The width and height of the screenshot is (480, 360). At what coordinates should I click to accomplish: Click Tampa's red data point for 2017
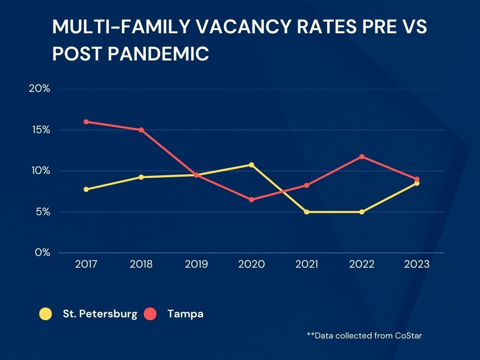[x=86, y=122]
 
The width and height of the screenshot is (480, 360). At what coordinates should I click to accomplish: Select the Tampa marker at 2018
[x=141, y=130]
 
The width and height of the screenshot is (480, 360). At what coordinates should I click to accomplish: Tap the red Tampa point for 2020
[x=252, y=200]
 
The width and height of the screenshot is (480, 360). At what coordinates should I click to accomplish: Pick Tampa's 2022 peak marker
[x=362, y=157]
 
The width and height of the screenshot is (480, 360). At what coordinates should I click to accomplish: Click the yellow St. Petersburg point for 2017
[x=86, y=189]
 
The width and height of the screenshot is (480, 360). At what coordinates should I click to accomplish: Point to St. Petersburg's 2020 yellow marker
[x=252, y=165]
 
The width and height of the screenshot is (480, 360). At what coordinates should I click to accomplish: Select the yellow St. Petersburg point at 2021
[x=307, y=212]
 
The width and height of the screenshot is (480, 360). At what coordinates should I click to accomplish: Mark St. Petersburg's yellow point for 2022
[x=362, y=212]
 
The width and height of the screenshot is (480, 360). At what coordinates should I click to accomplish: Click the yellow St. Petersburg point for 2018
[x=141, y=177]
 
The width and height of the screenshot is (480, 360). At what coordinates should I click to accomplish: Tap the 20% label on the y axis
[x=39, y=89]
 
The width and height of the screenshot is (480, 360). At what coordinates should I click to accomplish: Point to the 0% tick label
[x=42, y=253]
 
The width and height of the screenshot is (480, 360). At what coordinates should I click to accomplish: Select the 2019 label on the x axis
[x=196, y=264]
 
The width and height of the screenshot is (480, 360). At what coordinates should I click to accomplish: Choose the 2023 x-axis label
[x=417, y=264]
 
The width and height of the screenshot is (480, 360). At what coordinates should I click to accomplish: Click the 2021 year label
[x=307, y=264]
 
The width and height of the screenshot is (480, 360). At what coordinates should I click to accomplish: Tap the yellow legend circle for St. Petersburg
[x=45, y=314]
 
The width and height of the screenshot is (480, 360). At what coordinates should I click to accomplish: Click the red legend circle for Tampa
[x=150, y=314]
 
